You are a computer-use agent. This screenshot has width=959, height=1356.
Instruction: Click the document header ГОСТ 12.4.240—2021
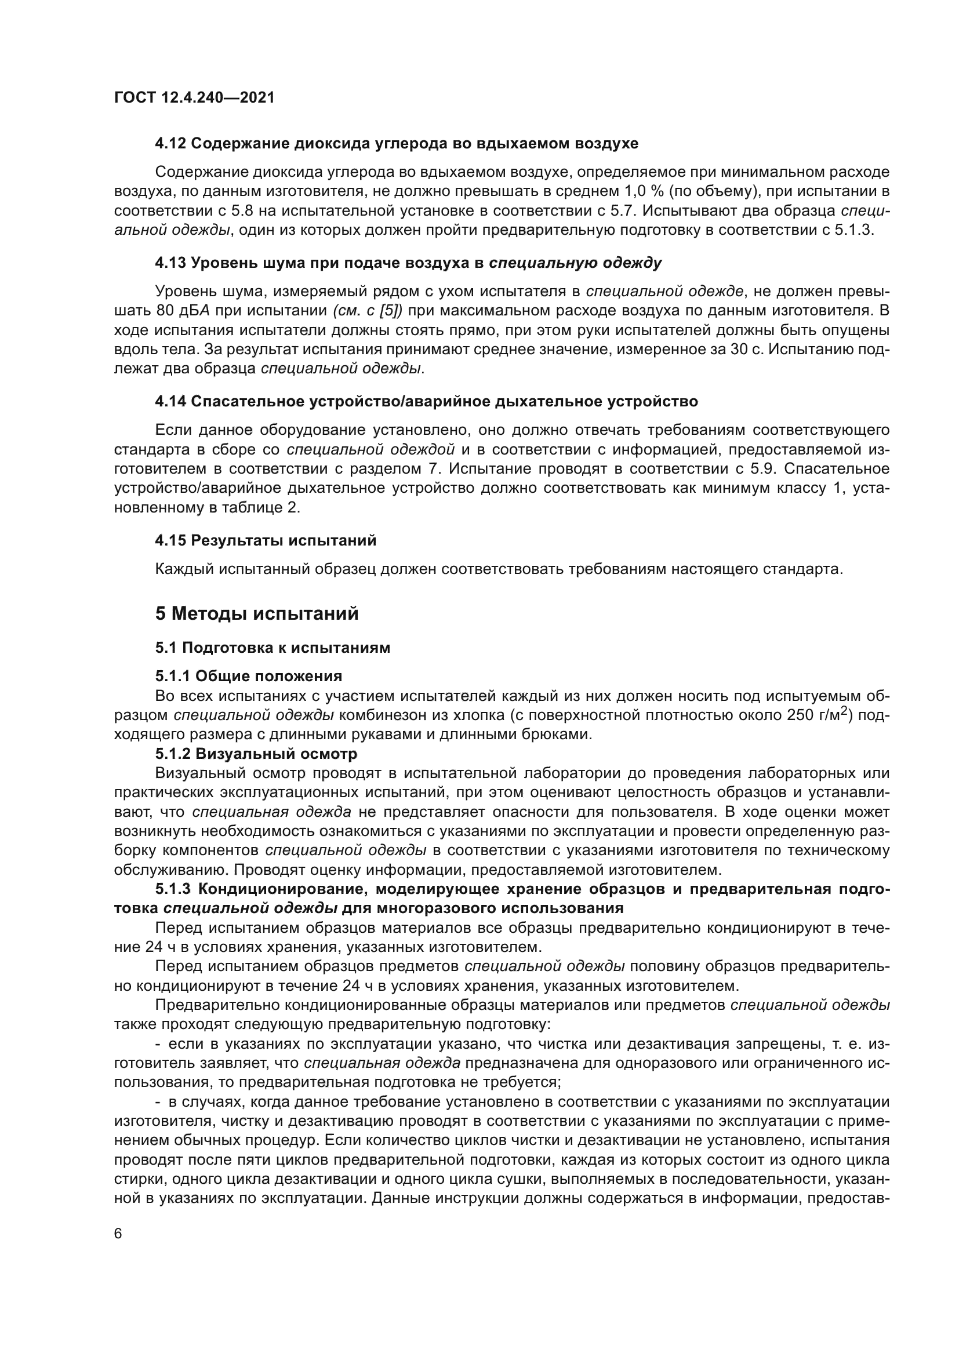click(194, 97)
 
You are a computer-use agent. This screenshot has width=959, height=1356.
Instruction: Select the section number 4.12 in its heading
click(171, 144)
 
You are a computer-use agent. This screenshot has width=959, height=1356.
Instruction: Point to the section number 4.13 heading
click(171, 263)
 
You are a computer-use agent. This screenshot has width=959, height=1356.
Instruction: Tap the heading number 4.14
click(171, 402)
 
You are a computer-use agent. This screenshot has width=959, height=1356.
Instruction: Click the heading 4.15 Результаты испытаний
click(266, 540)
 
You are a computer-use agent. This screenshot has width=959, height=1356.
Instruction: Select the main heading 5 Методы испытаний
click(257, 613)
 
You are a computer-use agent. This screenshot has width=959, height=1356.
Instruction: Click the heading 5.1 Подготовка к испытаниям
click(273, 648)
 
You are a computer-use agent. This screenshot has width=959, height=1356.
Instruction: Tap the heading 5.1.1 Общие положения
click(249, 675)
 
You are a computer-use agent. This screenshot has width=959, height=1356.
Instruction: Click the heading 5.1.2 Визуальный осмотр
click(256, 754)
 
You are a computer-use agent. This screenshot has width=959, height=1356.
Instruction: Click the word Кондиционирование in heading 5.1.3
click(282, 889)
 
